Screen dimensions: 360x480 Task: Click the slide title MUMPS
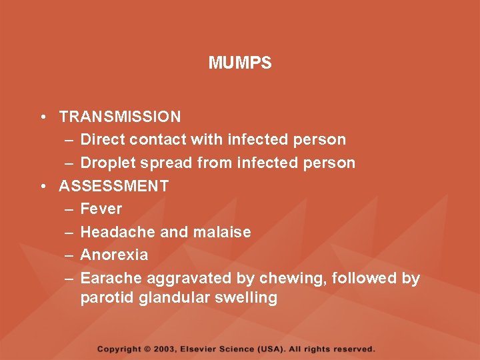click(240, 63)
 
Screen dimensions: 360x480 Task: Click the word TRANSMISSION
click(120, 117)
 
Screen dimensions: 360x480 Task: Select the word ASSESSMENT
click(114, 186)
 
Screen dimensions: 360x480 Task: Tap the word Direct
click(103, 140)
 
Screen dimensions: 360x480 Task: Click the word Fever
click(101, 209)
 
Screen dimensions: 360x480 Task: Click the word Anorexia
click(114, 255)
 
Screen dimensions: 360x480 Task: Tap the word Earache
click(111, 278)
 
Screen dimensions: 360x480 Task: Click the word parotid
click(107, 297)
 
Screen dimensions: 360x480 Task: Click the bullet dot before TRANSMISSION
click(42, 117)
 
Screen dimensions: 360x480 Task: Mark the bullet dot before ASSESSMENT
click(42, 187)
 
